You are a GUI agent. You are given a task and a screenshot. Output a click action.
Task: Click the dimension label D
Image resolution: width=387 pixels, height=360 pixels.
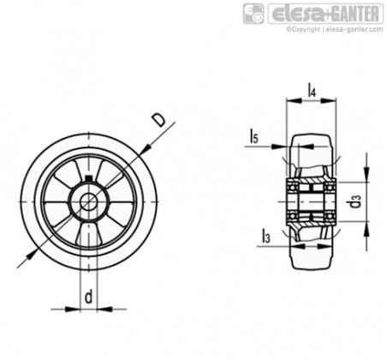tap(158, 120)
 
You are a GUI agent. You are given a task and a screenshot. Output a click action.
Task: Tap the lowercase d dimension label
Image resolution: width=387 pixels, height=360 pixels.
tap(89, 297)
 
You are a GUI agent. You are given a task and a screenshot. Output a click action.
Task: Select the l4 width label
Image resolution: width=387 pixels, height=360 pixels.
tap(312, 89)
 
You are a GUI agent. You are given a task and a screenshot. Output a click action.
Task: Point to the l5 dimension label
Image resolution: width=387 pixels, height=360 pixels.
tap(253, 135)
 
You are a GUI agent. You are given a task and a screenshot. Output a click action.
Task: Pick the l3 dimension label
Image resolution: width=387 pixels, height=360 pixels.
tap(266, 236)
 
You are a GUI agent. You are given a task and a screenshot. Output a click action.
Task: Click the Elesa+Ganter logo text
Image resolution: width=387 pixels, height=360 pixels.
tap(325, 13)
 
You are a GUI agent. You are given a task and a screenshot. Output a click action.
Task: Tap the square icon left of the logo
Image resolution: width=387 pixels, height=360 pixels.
tap(253, 14)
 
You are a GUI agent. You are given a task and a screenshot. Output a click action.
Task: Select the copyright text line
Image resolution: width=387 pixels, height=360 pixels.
tap(335, 29)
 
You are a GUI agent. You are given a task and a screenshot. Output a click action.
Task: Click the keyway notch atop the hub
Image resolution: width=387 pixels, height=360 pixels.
tap(89, 179)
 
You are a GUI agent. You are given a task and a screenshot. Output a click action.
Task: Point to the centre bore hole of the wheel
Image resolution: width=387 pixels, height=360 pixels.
tap(89, 201)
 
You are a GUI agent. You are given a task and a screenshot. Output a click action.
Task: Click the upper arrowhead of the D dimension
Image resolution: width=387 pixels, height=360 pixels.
tap(146, 149)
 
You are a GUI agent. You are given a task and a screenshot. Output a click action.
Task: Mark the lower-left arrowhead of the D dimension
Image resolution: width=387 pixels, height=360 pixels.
tap(32, 254)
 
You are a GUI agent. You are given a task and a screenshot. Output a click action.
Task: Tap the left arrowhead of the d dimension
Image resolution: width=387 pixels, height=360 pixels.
tap(73, 309)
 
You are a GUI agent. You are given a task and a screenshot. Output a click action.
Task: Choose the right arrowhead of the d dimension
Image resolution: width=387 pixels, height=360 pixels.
tap(104, 309)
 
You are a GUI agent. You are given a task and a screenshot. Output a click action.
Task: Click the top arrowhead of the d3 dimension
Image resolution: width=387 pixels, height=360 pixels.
tap(366, 174)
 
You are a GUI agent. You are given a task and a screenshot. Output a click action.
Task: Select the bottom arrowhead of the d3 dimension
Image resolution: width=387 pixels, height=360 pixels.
tap(366, 229)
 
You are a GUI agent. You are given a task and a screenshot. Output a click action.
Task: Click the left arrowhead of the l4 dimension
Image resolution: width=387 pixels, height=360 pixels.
tap(294, 100)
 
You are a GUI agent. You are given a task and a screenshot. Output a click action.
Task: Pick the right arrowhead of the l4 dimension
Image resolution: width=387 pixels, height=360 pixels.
tap(328, 100)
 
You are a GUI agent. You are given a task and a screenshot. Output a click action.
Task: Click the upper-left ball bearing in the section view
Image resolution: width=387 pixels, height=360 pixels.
tap(292, 188)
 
